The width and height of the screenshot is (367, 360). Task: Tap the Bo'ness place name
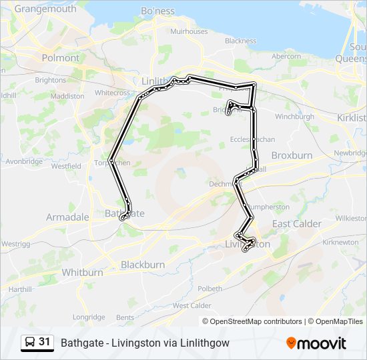(x=157, y=11)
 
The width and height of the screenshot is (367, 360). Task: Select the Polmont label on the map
(x=60, y=58)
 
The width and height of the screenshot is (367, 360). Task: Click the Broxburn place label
(x=292, y=155)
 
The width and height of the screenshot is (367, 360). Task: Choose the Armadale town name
(x=67, y=217)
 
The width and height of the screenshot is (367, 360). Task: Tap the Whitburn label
(x=82, y=272)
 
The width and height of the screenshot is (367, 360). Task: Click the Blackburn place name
(x=143, y=265)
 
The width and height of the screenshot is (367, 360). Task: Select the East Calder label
(x=296, y=224)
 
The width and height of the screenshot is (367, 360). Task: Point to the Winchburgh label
(x=294, y=116)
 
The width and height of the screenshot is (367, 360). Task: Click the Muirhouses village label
(x=189, y=31)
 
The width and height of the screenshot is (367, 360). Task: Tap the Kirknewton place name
(x=340, y=243)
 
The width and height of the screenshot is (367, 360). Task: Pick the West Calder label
(x=192, y=305)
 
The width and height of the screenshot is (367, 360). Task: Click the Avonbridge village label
(x=23, y=161)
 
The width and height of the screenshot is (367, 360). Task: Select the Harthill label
(x=20, y=289)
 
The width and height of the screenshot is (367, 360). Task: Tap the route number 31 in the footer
(x=45, y=342)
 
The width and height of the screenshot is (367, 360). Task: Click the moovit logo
(x=316, y=343)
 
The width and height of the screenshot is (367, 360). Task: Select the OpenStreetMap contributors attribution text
(x=256, y=321)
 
